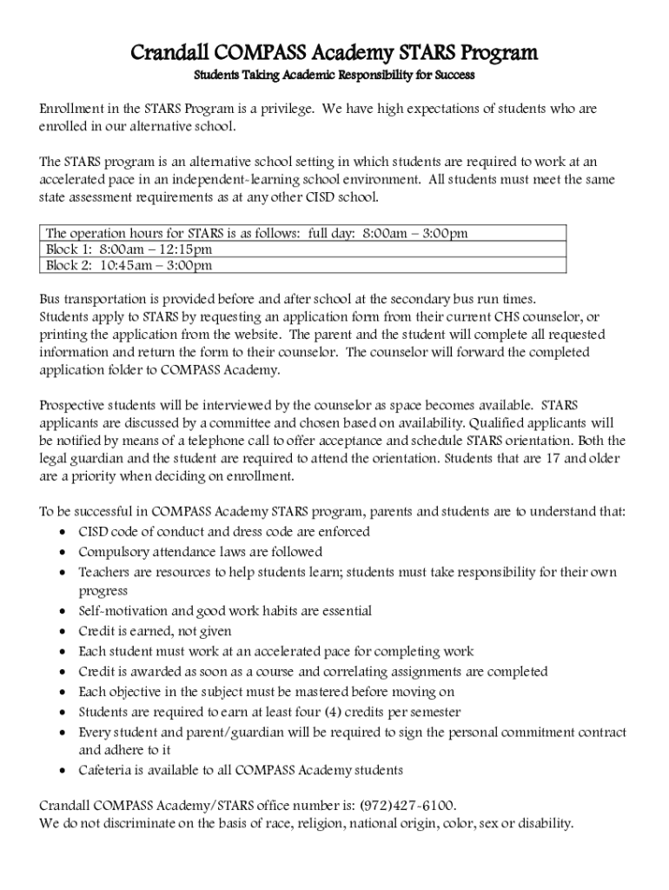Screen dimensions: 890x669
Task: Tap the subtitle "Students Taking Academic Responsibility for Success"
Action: [x=334, y=76]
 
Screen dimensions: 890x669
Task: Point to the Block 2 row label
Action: [x=68, y=265]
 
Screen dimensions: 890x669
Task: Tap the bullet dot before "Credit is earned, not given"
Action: [x=63, y=632]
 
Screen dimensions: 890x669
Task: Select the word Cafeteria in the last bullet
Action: [x=108, y=769]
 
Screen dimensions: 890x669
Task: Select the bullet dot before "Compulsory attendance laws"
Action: [x=63, y=553]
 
